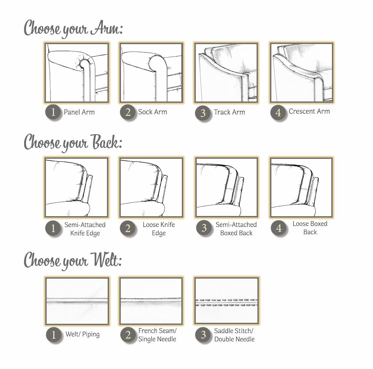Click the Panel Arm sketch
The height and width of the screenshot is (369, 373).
pyautogui.click(x=76, y=73)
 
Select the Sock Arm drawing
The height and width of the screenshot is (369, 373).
pyautogui.click(x=151, y=73)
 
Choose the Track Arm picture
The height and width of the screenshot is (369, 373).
pyautogui.click(x=226, y=73)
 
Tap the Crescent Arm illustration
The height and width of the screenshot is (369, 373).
pyautogui.click(x=301, y=73)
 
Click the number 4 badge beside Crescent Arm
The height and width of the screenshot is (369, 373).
pyautogui.click(x=278, y=112)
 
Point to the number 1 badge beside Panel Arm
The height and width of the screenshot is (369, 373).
pyautogui.click(x=53, y=112)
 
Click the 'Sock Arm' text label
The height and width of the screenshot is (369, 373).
pyautogui.click(x=152, y=112)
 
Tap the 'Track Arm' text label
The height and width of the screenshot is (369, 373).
pyautogui.click(x=229, y=112)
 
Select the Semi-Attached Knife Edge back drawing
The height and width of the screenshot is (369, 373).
pyautogui.click(x=76, y=187)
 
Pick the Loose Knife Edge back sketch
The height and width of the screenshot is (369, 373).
pyautogui.click(x=151, y=187)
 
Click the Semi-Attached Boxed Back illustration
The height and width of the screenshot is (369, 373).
pyautogui.click(x=226, y=187)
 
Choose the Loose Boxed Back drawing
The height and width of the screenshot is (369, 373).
pyautogui.click(x=301, y=187)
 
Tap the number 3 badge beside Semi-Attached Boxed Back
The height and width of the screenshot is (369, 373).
pyautogui.click(x=204, y=228)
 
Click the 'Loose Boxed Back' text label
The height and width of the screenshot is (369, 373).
pyautogui.click(x=310, y=228)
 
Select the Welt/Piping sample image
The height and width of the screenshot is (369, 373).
pyautogui.click(x=77, y=301)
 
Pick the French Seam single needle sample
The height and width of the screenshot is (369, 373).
pyautogui.click(x=151, y=301)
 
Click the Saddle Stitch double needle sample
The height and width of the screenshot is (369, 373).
pyautogui.click(x=226, y=301)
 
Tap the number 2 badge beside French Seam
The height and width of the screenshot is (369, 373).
pyautogui.click(x=128, y=335)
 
